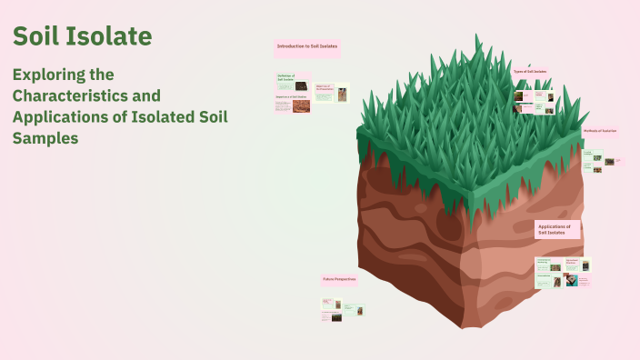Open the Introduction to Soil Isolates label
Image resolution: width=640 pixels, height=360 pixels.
pos(307,46)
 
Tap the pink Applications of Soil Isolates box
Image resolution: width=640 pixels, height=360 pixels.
pos(556,229)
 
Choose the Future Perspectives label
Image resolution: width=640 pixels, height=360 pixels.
pos(338,279)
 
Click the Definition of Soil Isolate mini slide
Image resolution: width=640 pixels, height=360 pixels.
pos(293,83)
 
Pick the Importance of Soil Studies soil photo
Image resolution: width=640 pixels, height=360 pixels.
pos(301,106)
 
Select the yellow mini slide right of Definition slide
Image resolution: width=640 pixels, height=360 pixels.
pos(332,92)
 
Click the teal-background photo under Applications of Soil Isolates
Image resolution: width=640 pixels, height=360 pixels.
pos(570,280)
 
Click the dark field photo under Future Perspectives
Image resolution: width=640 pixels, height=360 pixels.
pos(336,317)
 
